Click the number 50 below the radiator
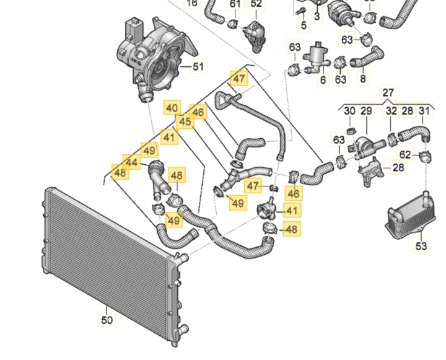point(107,320)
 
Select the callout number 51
point(198,66)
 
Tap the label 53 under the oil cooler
point(421,247)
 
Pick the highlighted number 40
point(172,107)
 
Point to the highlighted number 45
point(185,121)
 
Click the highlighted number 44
point(131,162)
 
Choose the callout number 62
point(405,154)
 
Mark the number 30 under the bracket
point(349,112)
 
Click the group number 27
point(388,93)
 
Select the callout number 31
point(424,112)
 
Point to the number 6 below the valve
point(323,80)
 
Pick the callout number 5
point(303,25)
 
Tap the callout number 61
point(235,4)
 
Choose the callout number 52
point(256,4)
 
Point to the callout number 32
point(391,112)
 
